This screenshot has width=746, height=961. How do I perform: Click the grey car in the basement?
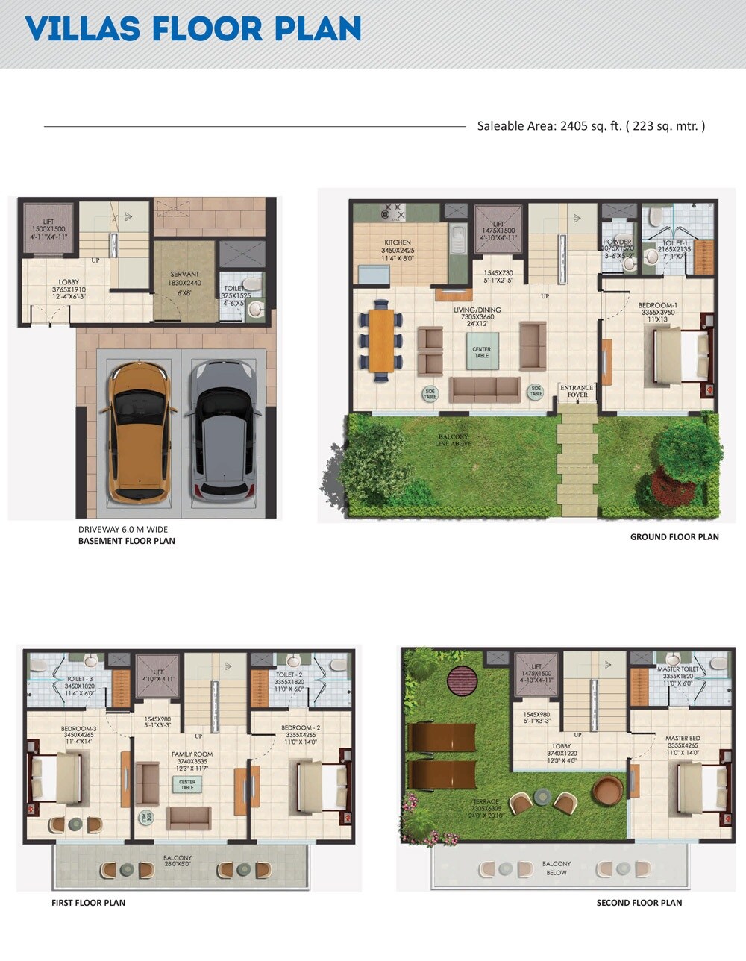coord(222,431)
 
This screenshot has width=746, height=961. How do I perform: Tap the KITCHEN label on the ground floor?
coord(398,242)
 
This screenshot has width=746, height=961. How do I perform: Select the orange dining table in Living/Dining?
coord(381,340)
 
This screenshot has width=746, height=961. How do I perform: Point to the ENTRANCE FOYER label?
coord(577,391)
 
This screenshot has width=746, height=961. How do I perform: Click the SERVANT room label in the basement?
coord(184,275)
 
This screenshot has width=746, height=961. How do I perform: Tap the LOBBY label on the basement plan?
coord(69,282)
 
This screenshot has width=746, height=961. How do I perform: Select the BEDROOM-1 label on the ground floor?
coord(657,305)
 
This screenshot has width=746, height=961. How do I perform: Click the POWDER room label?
coord(618,242)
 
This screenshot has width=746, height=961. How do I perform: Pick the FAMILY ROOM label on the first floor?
coord(192,754)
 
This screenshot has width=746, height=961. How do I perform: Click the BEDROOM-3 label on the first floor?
coord(78,728)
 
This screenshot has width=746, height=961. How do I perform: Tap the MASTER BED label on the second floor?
coord(682,739)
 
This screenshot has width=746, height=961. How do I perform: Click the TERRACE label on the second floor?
coord(485,802)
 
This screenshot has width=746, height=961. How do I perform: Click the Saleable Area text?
coord(591,126)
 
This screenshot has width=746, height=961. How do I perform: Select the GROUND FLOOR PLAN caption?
coord(674,537)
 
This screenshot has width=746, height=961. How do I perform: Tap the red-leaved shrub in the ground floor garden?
coord(672,484)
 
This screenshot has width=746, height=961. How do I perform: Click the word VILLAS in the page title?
coord(82,29)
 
